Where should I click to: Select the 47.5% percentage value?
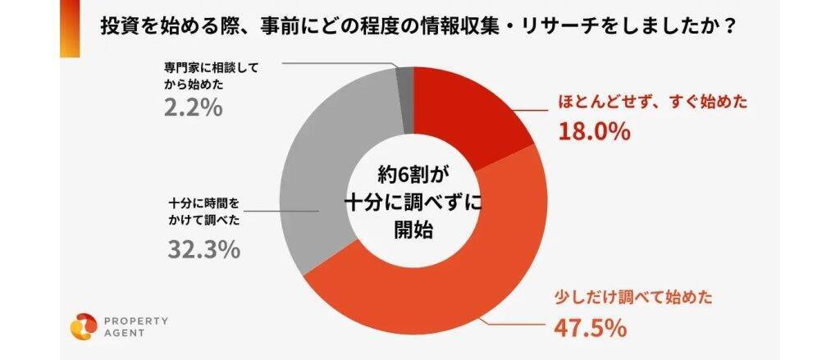[592, 328]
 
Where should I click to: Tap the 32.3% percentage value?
[203, 248]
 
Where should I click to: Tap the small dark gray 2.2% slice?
[404, 82]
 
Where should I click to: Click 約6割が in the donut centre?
[415, 175]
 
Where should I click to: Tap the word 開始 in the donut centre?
[414, 229]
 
